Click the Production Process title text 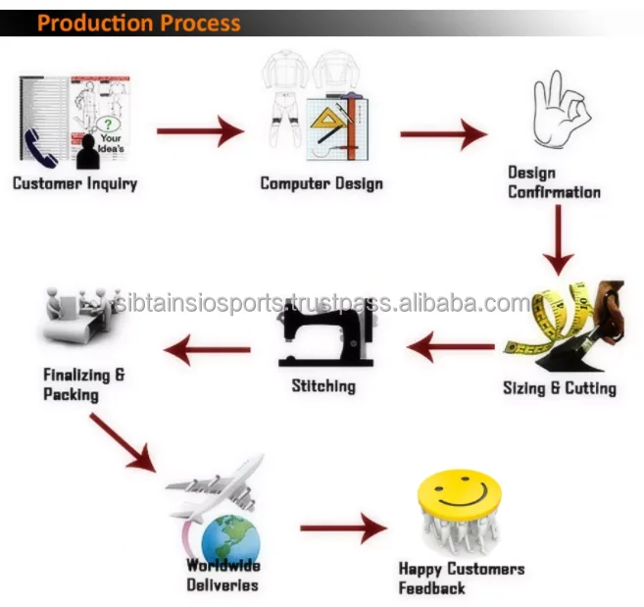click(x=138, y=22)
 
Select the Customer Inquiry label click(x=74, y=183)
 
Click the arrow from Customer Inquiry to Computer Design click(x=200, y=129)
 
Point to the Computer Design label click(x=321, y=183)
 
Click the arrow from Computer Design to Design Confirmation click(x=443, y=134)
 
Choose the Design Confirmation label click(x=553, y=182)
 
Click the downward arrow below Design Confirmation click(x=558, y=240)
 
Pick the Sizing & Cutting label click(x=559, y=388)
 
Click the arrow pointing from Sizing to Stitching click(x=452, y=346)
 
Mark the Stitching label click(x=323, y=385)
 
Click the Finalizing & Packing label click(x=83, y=384)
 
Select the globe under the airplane click(x=231, y=540)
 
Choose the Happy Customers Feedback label click(x=461, y=579)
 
